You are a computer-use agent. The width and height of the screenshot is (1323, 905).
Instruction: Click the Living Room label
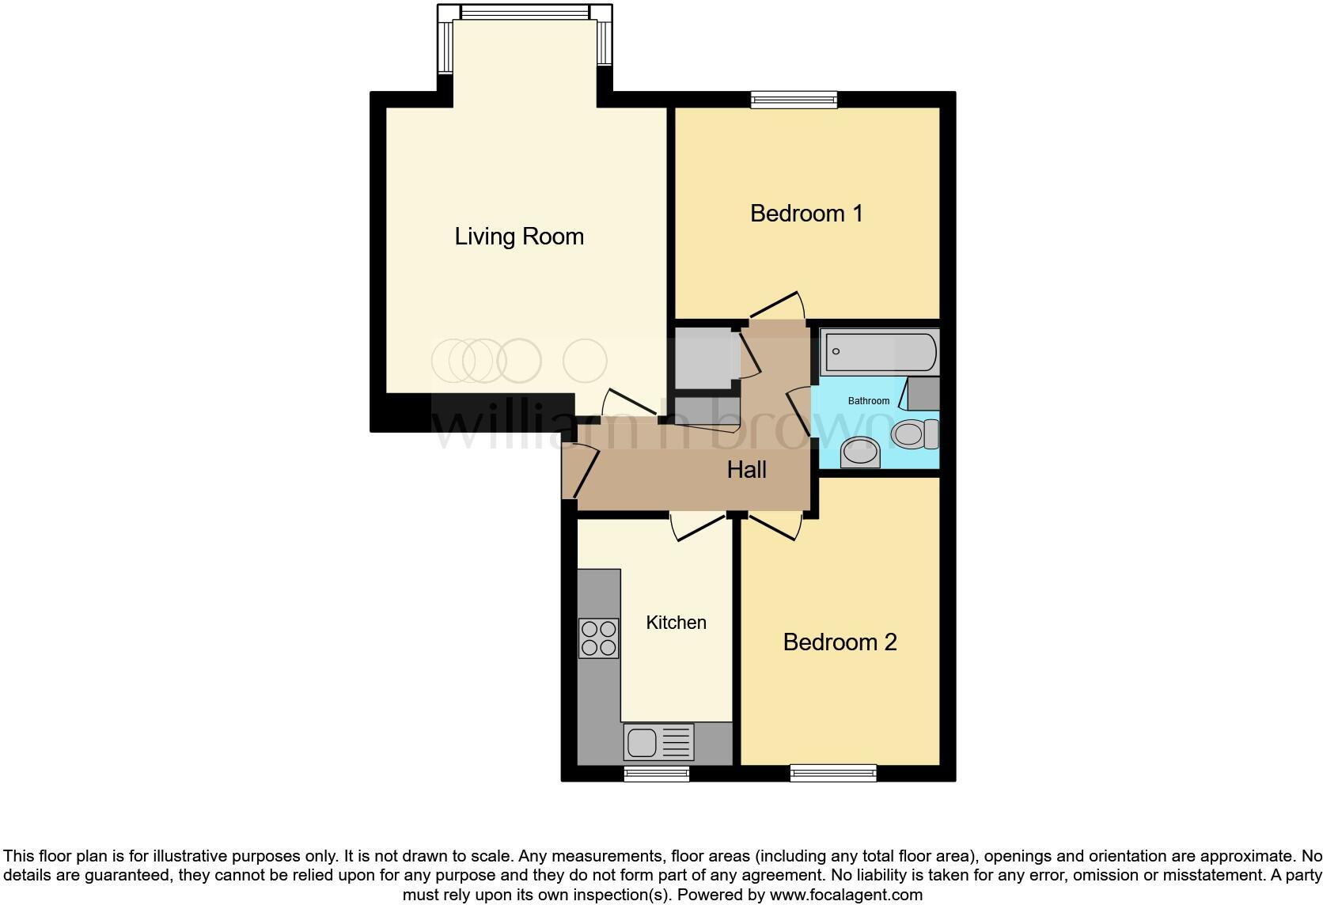[x=519, y=237]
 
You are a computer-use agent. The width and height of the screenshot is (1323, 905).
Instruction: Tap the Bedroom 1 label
[x=806, y=214]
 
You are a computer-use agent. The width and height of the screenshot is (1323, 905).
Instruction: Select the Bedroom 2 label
[x=840, y=642]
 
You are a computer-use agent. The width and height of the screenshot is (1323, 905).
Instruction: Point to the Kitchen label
[x=676, y=623]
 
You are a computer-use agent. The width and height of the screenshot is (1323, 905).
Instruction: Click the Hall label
[x=746, y=470]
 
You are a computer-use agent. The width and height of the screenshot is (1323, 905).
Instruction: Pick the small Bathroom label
[x=868, y=401]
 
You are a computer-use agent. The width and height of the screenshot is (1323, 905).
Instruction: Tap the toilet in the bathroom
[x=912, y=434]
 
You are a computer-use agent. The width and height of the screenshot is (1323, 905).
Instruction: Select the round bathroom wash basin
[x=859, y=452]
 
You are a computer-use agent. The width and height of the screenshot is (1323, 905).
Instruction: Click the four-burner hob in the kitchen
[x=598, y=638]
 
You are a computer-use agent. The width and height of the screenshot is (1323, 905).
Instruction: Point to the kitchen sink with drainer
[x=658, y=742]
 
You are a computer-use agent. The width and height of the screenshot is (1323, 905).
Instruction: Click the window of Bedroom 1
[x=794, y=100]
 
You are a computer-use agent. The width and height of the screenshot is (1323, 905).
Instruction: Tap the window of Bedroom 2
[x=833, y=773]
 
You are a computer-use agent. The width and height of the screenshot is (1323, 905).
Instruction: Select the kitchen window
[x=656, y=773]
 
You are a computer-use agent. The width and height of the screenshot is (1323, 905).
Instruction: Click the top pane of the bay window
[x=525, y=13]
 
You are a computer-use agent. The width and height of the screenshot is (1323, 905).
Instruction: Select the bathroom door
[x=801, y=413]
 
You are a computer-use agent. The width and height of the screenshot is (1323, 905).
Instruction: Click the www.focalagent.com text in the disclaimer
[x=846, y=896]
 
